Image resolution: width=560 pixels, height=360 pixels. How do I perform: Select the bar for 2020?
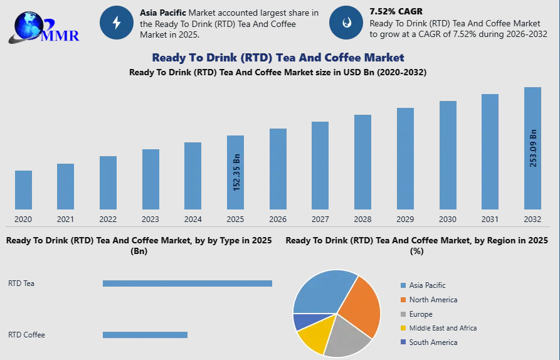pyautogui.click(x=23, y=189)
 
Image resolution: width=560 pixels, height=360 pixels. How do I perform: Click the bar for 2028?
pyautogui.click(x=362, y=162)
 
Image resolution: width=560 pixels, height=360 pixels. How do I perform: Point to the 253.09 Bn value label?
pyautogui.click(x=534, y=148)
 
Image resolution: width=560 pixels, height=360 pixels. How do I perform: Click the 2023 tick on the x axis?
pyautogui.click(x=151, y=219)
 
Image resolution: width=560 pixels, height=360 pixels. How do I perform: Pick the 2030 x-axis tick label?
pyautogui.click(x=448, y=219)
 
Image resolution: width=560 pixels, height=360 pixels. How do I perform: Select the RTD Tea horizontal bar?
pyautogui.click(x=187, y=283)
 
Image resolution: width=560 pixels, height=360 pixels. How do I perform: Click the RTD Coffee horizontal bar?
pyautogui.click(x=145, y=335)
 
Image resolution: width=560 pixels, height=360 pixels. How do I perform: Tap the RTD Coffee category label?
pyautogui.click(x=26, y=335)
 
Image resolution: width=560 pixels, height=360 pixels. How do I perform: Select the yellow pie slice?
pyautogui.click(x=313, y=336)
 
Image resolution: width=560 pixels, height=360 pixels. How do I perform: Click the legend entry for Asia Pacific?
pyautogui.click(x=427, y=285)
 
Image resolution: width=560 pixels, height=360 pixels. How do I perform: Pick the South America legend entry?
pyautogui.click(x=433, y=342)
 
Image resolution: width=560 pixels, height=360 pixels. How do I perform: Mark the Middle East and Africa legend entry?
pyautogui.click(x=443, y=328)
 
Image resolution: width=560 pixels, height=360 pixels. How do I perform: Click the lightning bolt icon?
pyautogui.click(x=116, y=23)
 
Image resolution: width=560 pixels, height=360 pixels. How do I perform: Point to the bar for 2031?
pyautogui.click(x=490, y=151)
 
